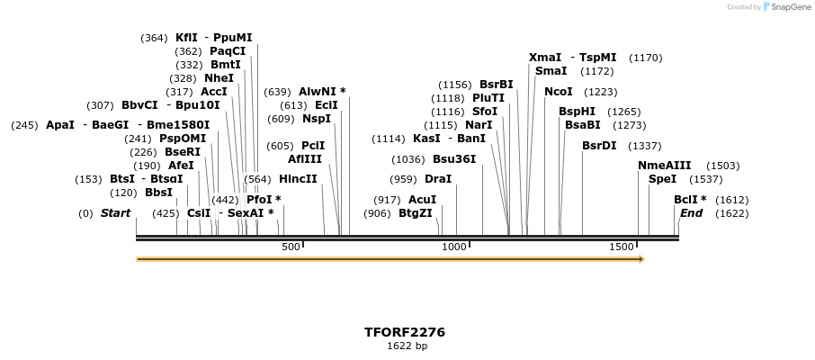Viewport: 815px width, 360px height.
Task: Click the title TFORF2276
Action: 404,332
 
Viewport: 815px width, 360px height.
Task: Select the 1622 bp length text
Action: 407,346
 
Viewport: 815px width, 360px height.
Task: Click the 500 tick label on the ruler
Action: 291,247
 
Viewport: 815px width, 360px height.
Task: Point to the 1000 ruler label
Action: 455,247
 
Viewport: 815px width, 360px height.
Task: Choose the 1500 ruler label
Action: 622,247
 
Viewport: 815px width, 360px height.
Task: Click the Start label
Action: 115,213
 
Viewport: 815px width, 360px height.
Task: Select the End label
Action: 691,213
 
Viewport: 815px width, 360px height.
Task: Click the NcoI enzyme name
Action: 559,92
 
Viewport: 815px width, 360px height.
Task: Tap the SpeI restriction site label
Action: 662,179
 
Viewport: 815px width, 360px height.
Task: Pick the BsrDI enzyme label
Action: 599,145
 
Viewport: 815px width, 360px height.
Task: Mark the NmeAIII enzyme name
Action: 665,165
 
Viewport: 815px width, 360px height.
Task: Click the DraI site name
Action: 438,179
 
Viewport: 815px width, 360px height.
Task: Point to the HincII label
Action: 298,179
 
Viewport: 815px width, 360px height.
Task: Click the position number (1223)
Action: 601,92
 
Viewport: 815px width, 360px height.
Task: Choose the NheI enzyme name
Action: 219,78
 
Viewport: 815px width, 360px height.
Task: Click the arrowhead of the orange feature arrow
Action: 641,259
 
